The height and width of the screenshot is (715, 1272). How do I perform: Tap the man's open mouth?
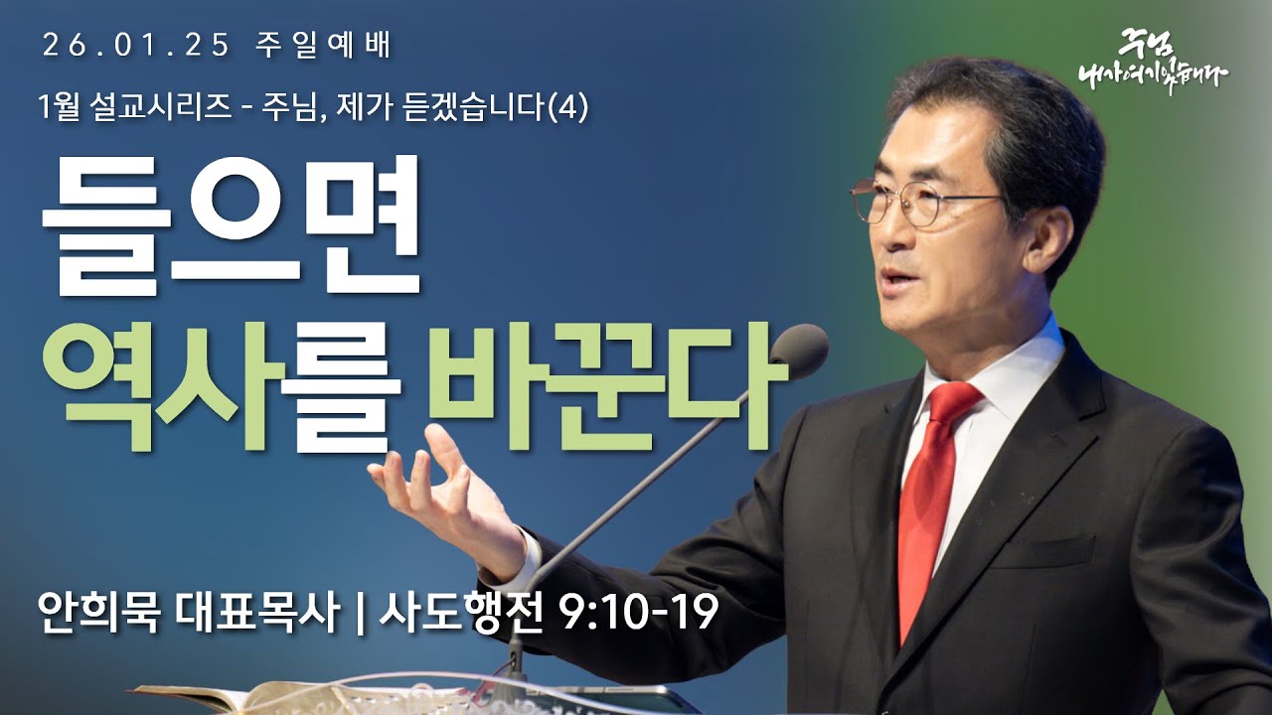[897, 277]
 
